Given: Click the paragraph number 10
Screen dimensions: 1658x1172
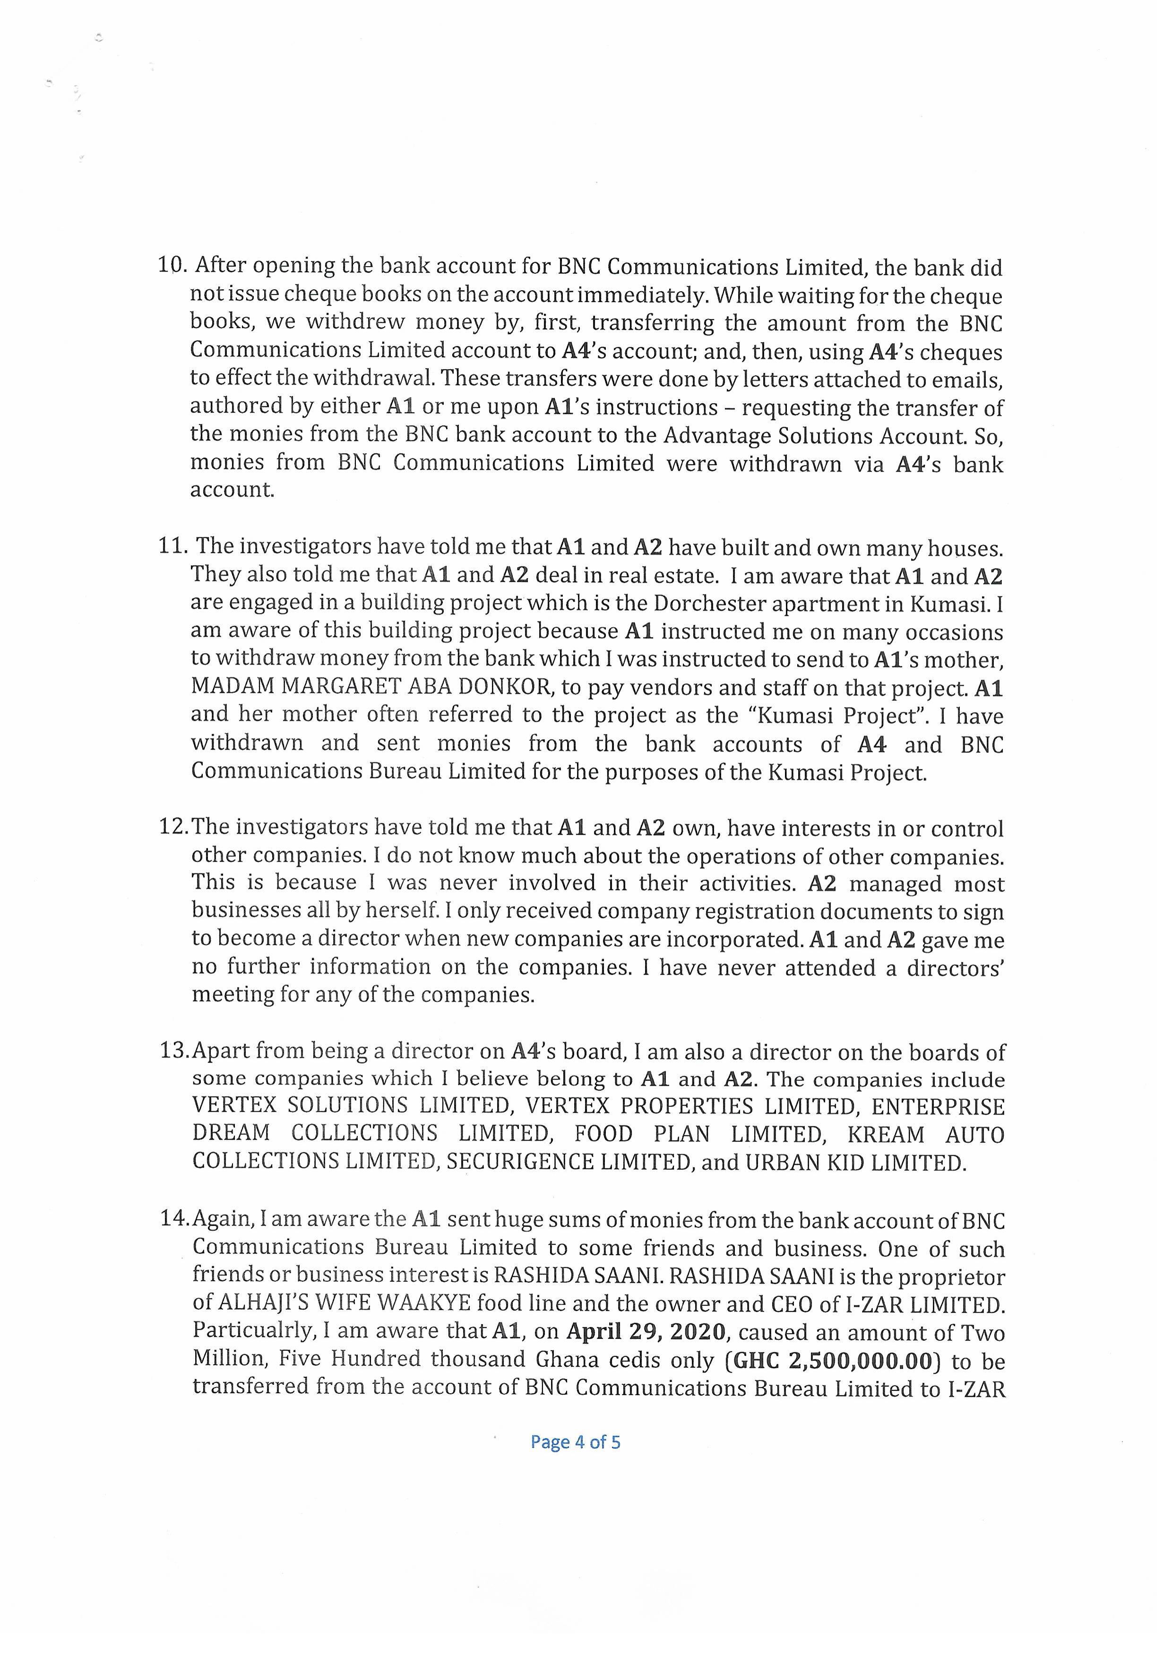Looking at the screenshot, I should [x=172, y=266].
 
